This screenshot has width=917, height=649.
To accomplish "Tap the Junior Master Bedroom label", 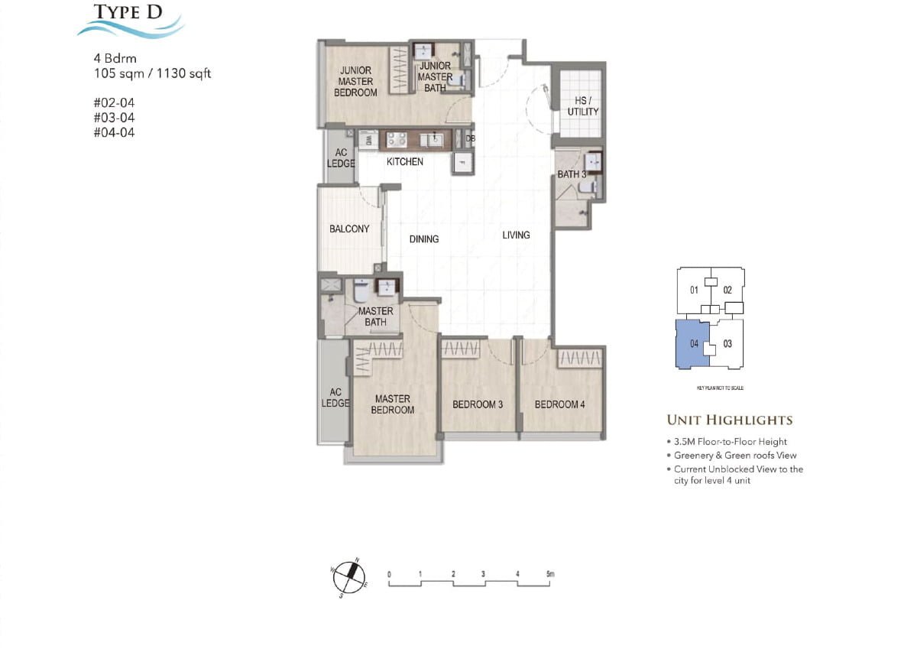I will pos(355,82).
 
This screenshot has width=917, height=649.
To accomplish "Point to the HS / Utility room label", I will pos(582,106).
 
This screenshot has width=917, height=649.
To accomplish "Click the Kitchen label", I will pos(404,162).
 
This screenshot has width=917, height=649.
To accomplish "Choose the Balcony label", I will pos(349,229).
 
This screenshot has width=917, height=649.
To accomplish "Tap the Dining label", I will pos(423,239).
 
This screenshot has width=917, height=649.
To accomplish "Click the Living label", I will pos(516,235).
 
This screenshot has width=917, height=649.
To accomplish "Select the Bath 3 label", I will pos(572,174).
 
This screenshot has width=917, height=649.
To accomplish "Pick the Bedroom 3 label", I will pos(478,404).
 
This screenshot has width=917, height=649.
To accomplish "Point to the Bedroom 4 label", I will pos(559,404).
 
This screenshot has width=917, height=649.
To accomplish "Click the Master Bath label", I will pos(375,316).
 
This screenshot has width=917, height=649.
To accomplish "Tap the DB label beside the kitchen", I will pos(471,138).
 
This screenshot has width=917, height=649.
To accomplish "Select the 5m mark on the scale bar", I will pos(549,573).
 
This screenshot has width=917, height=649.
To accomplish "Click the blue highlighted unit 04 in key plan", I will pos(692,344).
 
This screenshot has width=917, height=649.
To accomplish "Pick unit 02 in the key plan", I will pos(727,290).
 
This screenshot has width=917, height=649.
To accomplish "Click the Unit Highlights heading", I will pos(729,420).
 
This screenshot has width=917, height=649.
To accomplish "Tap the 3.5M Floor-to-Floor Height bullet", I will pos(730,442).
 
